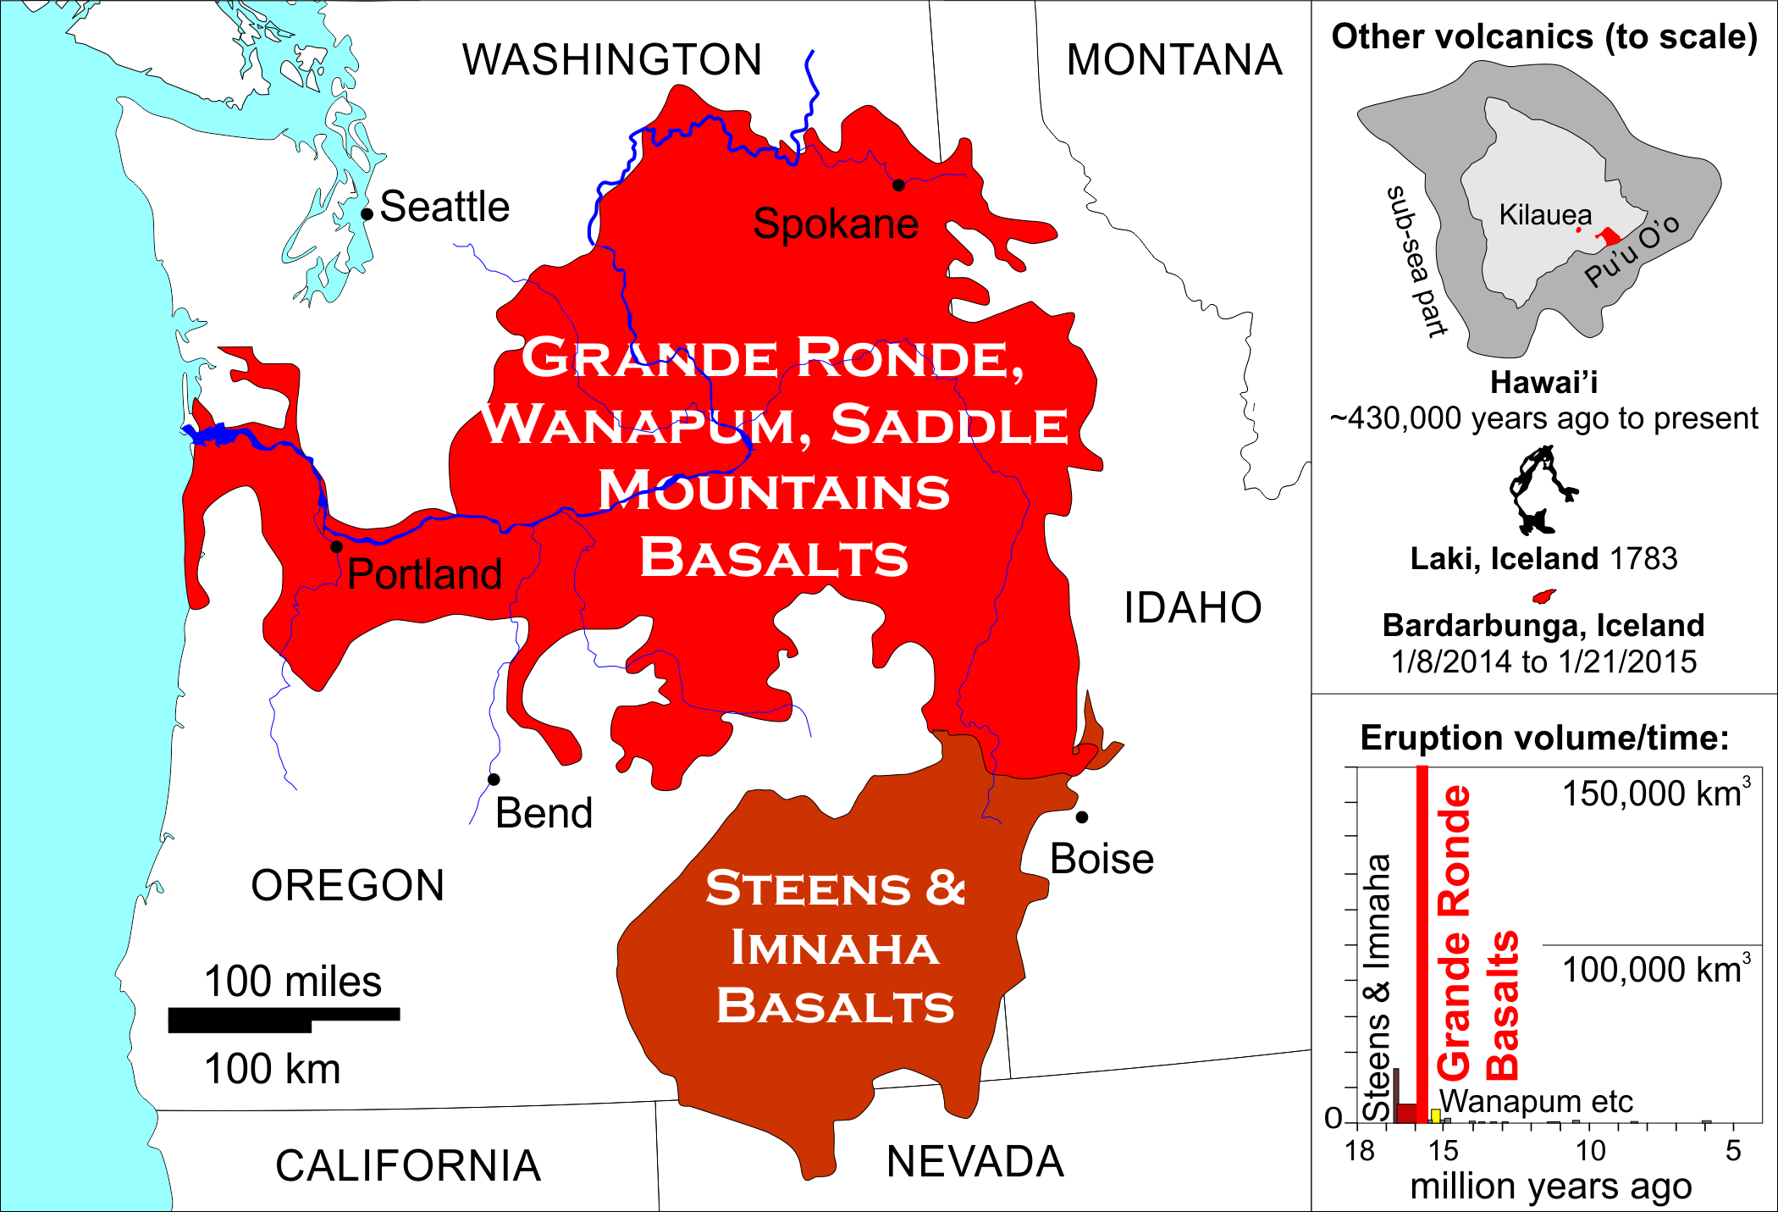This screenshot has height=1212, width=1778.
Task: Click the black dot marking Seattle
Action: [367, 213]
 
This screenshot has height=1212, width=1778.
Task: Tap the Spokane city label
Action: [835, 224]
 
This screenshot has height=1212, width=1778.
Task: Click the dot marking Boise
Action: [1082, 817]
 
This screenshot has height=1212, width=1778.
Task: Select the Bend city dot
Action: [494, 779]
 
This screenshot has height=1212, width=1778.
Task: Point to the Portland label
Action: [424, 574]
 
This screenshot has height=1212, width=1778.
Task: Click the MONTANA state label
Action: [1173, 60]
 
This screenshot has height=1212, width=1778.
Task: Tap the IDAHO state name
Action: [1192, 608]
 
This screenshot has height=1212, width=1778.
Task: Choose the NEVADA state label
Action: [975, 1162]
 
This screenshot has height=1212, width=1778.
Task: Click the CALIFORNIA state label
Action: [407, 1166]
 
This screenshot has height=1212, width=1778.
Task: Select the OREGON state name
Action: [347, 886]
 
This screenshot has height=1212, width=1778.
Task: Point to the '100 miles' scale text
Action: [292, 982]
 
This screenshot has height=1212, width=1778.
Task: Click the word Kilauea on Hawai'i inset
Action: [1544, 215]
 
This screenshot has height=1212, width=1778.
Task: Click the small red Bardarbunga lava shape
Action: [1543, 597]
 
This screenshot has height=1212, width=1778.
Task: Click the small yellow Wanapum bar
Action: [1435, 1115]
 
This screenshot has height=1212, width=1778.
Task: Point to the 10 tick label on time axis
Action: [1590, 1151]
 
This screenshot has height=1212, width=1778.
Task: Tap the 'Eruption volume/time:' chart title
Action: [1544, 739]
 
